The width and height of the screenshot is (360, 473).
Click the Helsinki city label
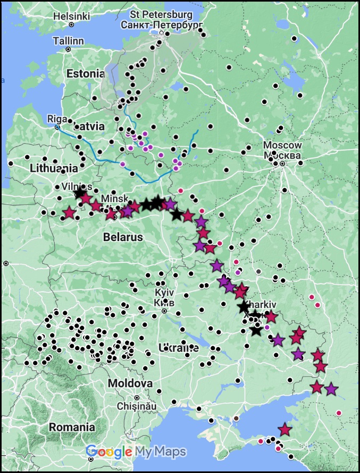pyautogui.click(x=71, y=16)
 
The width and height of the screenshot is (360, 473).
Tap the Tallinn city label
pyautogui.click(x=68, y=40)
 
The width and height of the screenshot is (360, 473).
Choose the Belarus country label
pyautogui.click(x=123, y=237)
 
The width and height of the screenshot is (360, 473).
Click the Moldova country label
pyautogui.click(x=130, y=384)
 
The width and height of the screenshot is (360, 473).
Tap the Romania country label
pyautogui.click(x=72, y=427)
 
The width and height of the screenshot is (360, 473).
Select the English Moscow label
pyautogui.click(x=282, y=145)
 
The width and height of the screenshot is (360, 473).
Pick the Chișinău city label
pyautogui.click(x=138, y=405)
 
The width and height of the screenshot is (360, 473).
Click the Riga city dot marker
pyautogui.click(x=57, y=127)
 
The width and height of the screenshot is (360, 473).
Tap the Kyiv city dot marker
pyautogui.click(x=164, y=311)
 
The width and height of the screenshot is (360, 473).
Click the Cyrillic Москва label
pyautogui.click(x=282, y=156)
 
